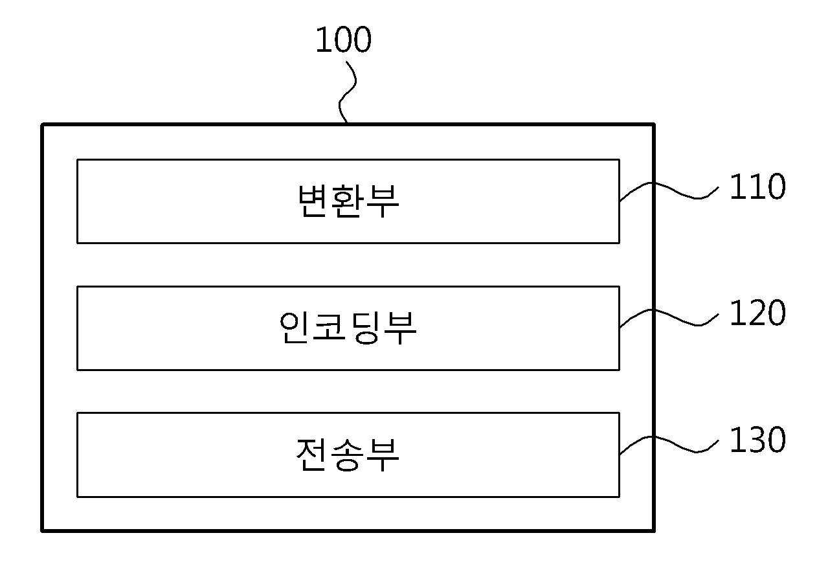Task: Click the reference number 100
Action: pos(343,40)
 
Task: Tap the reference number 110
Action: pos(757,187)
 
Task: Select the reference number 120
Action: pos(757,313)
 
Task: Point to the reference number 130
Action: pos(757,440)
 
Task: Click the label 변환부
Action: pos(348,201)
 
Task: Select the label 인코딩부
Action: pos(348,328)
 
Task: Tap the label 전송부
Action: pos(348,455)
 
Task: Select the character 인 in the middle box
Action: pos(294,328)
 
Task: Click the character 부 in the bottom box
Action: pos(383,455)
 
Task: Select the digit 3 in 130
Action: pos(757,440)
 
